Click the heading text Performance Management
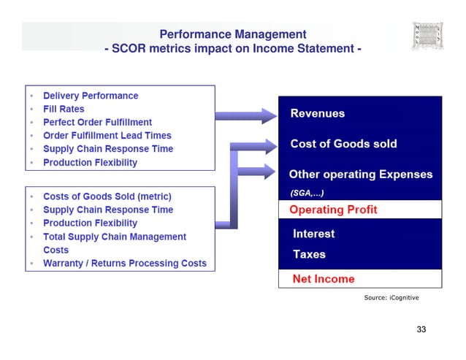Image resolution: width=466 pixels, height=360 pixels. (x=233, y=34)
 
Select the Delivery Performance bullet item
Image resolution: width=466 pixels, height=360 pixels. (x=91, y=96)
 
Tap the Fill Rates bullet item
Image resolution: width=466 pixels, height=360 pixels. (x=64, y=109)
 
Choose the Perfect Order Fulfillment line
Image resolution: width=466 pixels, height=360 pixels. (x=97, y=122)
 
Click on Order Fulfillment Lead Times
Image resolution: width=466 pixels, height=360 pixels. (x=107, y=135)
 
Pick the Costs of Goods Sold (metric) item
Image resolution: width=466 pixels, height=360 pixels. (x=107, y=196)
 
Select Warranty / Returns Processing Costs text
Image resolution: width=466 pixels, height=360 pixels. (x=125, y=263)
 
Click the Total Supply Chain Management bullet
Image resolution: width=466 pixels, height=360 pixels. (x=115, y=237)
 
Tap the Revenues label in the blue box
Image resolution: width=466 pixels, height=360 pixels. (x=318, y=114)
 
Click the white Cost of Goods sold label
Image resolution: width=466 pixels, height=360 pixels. (x=343, y=144)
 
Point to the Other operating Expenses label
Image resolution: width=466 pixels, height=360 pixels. (x=361, y=175)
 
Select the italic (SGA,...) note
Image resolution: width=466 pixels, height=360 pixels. (x=307, y=193)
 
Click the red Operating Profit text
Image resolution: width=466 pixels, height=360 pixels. (x=333, y=210)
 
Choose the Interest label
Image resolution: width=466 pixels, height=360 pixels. (x=313, y=234)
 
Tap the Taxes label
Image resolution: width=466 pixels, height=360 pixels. (x=309, y=255)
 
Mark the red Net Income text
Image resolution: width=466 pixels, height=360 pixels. (x=323, y=279)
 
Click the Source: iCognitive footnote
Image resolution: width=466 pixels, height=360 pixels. (x=391, y=298)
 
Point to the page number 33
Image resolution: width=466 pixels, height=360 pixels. (x=421, y=329)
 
